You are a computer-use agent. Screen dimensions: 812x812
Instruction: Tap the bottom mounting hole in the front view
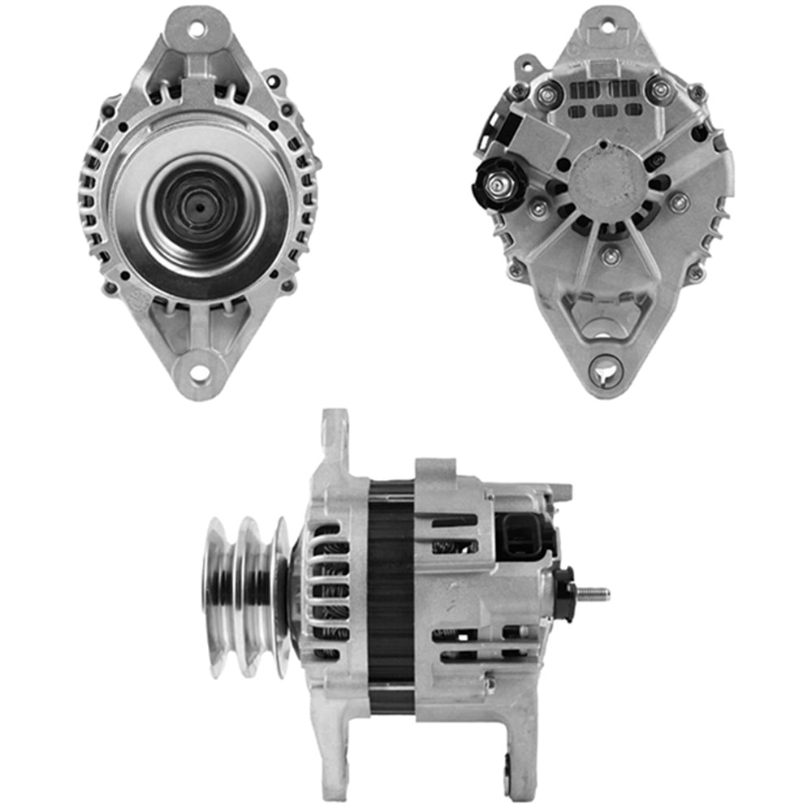(x=198, y=375)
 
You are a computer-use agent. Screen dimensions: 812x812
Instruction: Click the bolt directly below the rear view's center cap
(x=611, y=257)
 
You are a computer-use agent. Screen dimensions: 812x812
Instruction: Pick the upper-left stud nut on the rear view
(x=546, y=93)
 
